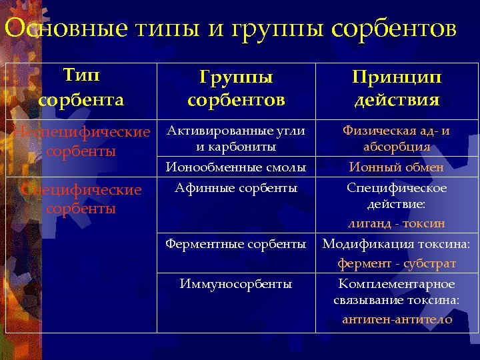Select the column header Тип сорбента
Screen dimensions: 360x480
[x=81, y=88]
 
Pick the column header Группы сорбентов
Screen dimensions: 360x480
[x=236, y=88]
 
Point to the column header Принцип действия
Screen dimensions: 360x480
[x=397, y=88]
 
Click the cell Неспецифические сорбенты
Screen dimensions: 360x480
[x=82, y=141]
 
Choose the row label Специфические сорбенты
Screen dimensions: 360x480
[x=81, y=199]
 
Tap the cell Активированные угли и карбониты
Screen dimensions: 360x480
[x=236, y=138]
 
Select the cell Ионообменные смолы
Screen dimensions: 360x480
[x=236, y=167]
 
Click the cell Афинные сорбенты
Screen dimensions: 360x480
[x=236, y=188]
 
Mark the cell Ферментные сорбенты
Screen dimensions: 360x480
[x=236, y=244]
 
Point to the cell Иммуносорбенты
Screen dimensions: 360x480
[x=236, y=284]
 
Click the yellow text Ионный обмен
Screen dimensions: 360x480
[x=397, y=167]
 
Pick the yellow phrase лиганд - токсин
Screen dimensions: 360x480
[x=397, y=223]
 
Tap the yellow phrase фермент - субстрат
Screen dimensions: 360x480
[x=397, y=263]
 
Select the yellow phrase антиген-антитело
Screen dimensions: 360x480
[x=397, y=319]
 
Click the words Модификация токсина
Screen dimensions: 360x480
[x=397, y=244]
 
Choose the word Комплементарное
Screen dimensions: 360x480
[x=397, y=284]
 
